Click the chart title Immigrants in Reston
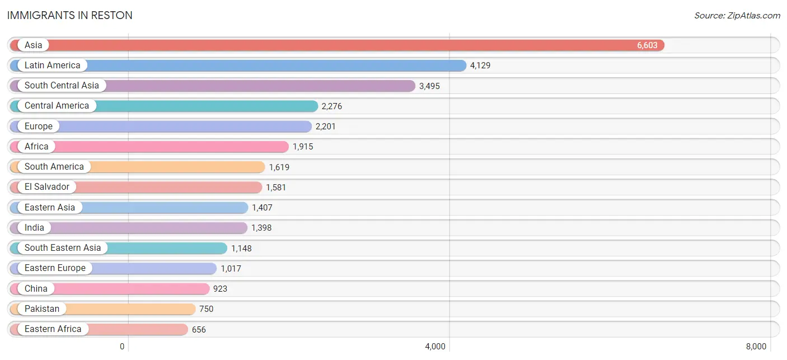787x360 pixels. coord(69,16)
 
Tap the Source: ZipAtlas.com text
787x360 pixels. coord(737,16)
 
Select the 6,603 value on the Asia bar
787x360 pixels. coord(647,45)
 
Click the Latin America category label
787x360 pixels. coord(53,66)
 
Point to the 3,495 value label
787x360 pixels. coord(429,86)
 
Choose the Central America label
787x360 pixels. coord(57,106)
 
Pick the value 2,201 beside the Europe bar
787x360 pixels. coord(325,127)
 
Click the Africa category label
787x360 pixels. coord(36,146)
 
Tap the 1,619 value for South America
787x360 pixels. coord(279,167)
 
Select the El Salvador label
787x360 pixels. coord(46,186)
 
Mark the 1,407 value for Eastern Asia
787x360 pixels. coord(262,208)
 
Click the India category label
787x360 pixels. coord(34,227)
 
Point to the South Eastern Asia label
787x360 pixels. coord(63,248)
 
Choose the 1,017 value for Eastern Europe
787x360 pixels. coord(231,269)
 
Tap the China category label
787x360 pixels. coord(36,289)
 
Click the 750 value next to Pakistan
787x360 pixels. coord(206,309)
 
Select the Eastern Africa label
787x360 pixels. coord(53,329)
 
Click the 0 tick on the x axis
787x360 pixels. coord(122,347)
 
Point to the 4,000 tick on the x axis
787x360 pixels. coord(435,347)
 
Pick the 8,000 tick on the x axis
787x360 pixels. coord(756,347)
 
